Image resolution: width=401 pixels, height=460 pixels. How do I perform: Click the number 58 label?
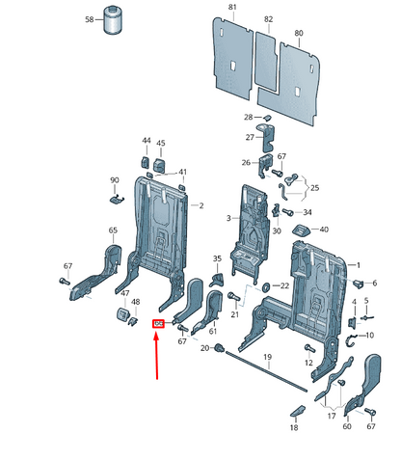(90, 19)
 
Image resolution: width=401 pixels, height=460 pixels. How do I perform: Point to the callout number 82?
(268, 19)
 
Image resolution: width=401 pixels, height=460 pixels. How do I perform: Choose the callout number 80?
(299, 34)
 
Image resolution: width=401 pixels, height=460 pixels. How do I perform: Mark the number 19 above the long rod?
(268, 358)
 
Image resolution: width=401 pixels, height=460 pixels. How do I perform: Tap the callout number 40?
(324, 230)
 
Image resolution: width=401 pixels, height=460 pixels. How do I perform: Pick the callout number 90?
(113, 180)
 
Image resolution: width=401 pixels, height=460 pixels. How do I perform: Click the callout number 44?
(147, 141)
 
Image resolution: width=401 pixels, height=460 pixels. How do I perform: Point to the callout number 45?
(161, 141)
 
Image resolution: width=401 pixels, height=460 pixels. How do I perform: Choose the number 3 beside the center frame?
(228, 219)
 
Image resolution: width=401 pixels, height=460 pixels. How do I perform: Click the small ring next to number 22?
(265, 287)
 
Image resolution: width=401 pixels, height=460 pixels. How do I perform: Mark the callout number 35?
(217, 258)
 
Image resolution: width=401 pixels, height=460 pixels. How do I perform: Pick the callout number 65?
(113, 230)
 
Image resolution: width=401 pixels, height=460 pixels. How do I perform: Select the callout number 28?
(248, 117)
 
